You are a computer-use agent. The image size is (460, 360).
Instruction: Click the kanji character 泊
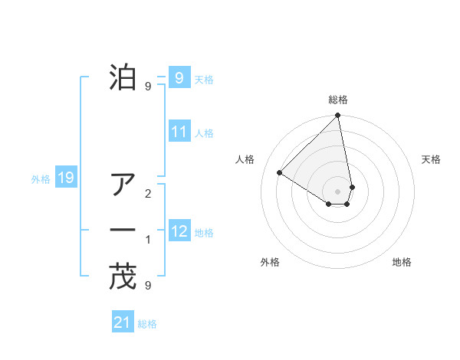[x=123, y=77]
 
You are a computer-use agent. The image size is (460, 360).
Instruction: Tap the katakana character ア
[x=123, y=184]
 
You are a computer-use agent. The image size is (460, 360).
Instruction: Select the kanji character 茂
[x=123, y=277]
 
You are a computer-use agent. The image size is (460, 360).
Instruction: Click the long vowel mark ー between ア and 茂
[x=123, y=231]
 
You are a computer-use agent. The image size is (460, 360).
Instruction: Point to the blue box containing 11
[x=179, y=132]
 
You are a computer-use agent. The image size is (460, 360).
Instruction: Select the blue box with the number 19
[x=66, y=178]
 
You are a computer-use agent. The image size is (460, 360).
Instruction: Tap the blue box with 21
[x=123, y=322]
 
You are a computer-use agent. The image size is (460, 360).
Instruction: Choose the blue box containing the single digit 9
[x=179, y=77]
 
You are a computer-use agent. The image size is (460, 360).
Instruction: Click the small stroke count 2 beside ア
[x=148, y=193]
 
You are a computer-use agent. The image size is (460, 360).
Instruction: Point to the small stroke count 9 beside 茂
[x=148, y=286]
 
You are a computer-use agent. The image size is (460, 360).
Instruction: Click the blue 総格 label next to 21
[x=147, y=324]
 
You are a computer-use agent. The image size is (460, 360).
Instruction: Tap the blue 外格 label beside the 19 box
[x=41, y=179]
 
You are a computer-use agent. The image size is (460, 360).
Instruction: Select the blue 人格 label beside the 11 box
[x=204, y=133]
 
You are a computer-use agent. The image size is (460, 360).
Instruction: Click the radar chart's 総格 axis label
[x=338, y=100]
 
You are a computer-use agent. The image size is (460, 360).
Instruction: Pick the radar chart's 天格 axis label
[x=432, y=159]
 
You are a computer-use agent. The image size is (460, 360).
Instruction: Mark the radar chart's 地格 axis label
[x=402, y=262]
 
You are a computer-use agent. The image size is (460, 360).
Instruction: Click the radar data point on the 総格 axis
[x=338, y=116]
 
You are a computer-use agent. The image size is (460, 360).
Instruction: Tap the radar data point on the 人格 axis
[x=280, y=172]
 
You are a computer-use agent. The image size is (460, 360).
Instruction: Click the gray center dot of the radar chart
[x=338, y=191]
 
